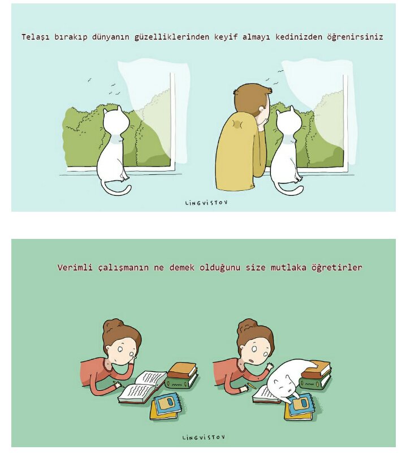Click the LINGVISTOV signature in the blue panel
coord(206,203)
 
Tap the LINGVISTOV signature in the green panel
coord(204,437)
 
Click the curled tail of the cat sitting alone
coord(116,190)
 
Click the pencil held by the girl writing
coord(119,384)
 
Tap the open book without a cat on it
coord(142,387)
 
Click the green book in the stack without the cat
coord(182,382)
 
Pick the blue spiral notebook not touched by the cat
coord(168,402)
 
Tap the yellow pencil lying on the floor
coord(252,386)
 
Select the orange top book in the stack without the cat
coord(182,369)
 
